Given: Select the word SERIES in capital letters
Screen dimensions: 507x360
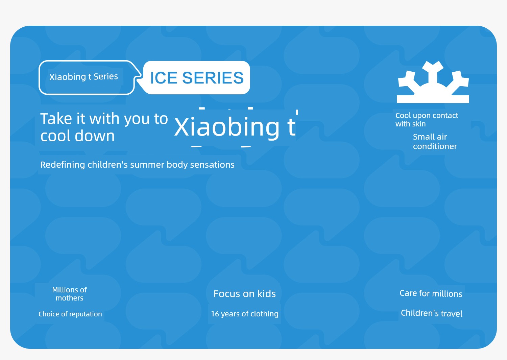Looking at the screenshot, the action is coord(213,78).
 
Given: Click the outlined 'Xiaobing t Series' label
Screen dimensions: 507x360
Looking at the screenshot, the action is coord(83,77).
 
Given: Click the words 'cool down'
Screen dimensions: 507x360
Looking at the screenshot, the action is coord(77,136).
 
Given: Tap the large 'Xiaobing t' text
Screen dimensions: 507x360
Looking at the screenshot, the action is coord(235,127).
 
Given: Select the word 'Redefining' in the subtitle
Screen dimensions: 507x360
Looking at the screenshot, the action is coord(63,165).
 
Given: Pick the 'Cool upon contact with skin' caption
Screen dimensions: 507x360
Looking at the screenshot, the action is coord(427,120).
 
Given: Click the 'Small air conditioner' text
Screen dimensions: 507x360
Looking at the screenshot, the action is coord(435,142).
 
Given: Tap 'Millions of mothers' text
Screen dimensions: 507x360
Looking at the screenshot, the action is coord(70,294).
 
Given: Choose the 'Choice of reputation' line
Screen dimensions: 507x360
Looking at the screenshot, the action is coord(70,314).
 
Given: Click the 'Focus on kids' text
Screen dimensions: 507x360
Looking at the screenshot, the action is coord(245,294).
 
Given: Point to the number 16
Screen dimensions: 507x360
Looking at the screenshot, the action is coord(215,314).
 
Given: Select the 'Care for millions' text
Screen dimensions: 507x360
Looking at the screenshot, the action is coord(431,293).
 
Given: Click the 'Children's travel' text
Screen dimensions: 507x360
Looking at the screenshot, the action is coord(432,313).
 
